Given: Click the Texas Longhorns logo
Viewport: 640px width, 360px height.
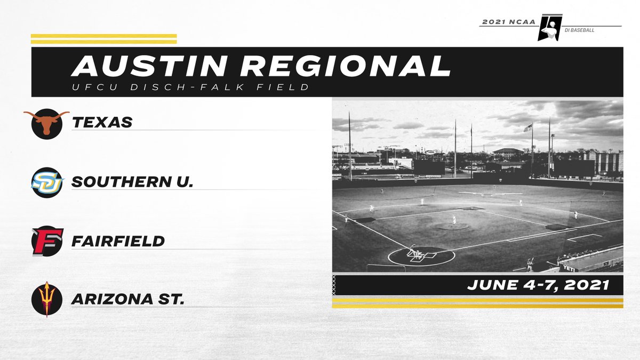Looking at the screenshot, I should pos(47,122).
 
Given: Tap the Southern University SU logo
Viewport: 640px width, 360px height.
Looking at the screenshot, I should pos(47,181).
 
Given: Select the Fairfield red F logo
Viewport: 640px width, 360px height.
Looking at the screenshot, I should pos(47,241).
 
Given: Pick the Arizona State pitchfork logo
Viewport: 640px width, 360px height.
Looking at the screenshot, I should pos(47,299).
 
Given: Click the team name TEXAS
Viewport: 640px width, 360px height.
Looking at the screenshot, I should pos(102,122).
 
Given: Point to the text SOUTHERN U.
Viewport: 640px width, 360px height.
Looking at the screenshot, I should pos(132,182).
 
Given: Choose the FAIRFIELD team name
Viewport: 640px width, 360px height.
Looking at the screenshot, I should pos(118,241).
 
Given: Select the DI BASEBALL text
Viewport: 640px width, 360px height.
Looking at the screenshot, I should pos(579,30).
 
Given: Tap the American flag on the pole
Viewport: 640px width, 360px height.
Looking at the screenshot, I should pos(527,128).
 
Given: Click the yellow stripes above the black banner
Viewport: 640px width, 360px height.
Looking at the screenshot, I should pos(103,39).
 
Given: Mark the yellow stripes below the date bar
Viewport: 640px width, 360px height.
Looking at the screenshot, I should pos(477,303).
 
